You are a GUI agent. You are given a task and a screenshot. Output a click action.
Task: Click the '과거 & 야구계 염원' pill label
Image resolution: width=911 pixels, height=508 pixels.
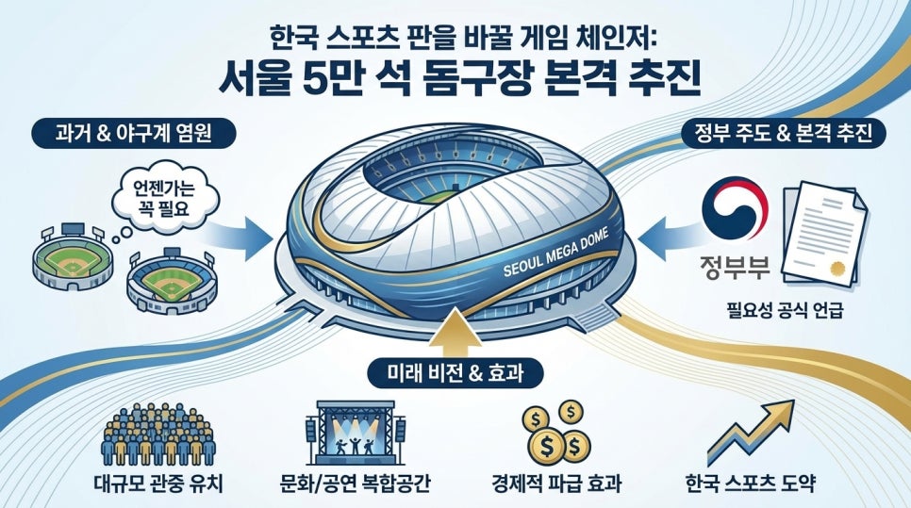pyautogui.click(x=133, y=134)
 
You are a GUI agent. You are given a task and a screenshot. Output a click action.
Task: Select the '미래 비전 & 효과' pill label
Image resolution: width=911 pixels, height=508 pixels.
pyautogui.click(x=455, y=372)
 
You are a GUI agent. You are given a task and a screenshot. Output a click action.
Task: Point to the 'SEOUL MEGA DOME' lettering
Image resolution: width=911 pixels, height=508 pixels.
pyautogui.click(x=555, y=252)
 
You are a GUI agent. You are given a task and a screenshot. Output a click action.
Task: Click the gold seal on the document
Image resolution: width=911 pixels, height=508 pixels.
pyautogui.click(x=837, y=269)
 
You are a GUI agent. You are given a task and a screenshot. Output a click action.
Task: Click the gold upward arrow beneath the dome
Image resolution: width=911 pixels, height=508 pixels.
pyautogui.click(x=457, y=333)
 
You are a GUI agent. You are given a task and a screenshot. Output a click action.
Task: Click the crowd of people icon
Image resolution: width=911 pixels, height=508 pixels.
pyautogui.click(x=158, y=434)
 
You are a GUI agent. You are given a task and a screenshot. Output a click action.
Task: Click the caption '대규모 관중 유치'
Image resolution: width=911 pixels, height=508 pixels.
pyautogui.click(x=158, y=483)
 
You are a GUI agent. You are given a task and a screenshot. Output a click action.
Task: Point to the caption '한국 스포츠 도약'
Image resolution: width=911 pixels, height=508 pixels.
pyautogui.click(x=751, y=483)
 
